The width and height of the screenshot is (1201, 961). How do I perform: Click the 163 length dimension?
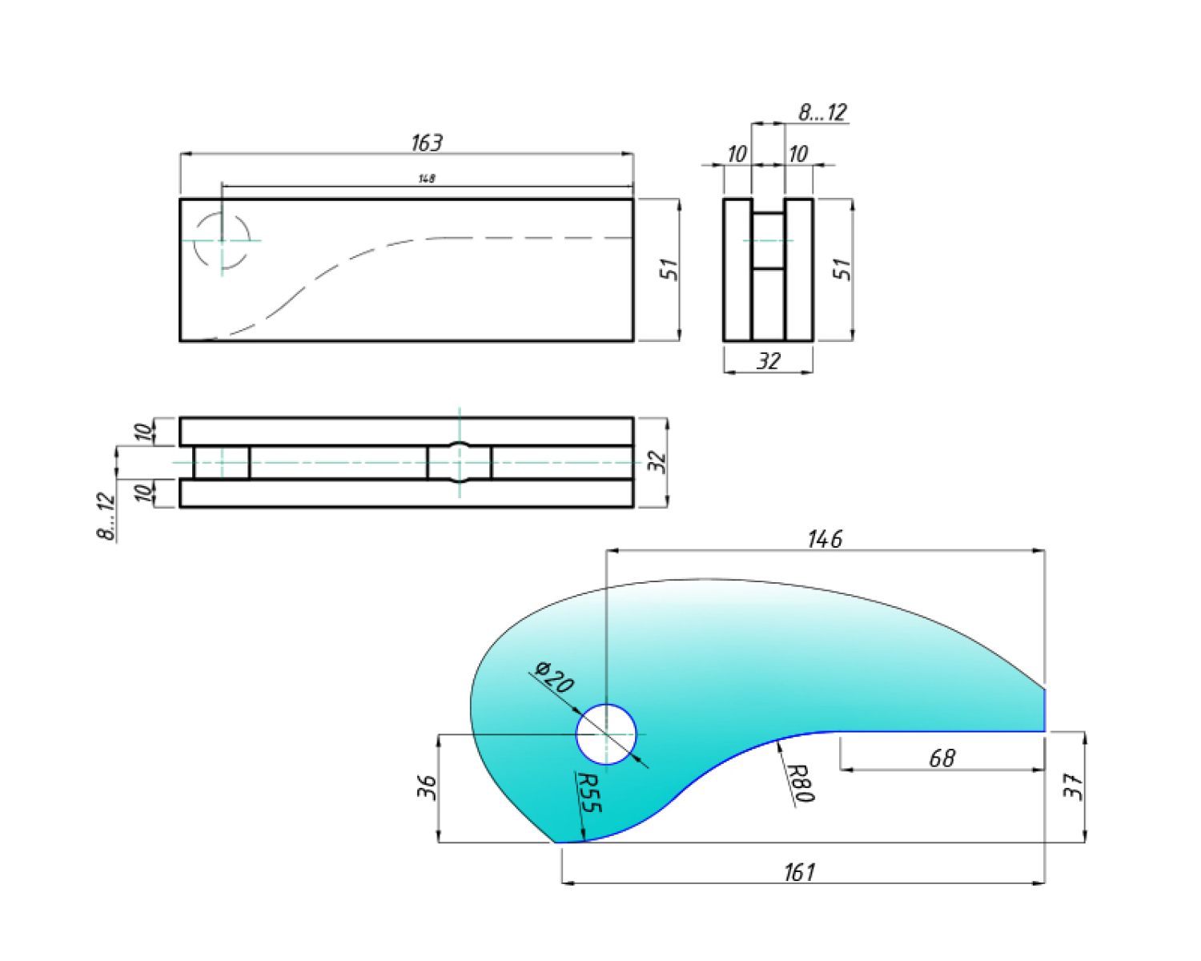pos(427,143)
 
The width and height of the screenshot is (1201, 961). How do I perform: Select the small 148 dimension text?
pos(427,179)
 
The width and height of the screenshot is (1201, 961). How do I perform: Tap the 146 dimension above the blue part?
pos(825,540)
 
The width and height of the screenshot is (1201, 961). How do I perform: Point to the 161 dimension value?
pos(800,872)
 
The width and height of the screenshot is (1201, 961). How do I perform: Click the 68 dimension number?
pos(942,758)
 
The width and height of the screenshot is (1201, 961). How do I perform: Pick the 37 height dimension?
pos(1074,786)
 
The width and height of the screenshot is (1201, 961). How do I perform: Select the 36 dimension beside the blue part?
pos(427,786)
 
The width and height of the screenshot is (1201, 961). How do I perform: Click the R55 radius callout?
pos(588,793)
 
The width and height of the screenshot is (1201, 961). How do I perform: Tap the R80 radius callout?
pos(802,783)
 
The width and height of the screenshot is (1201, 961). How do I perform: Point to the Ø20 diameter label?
pos(553,678)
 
